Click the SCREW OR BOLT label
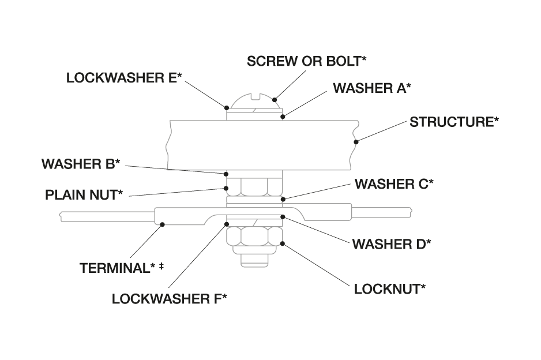click(x=307, y=61)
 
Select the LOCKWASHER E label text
click(x=124, y=78)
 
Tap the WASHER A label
click(x=372, y=88)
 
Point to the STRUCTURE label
click(x=454, y=122)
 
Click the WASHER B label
click(x=81, y=164)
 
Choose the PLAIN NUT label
click(x=84, y=194)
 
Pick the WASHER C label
click(x=394, y=184)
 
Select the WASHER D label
click(x=392, y=244)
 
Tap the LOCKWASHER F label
click(x=170, y=299)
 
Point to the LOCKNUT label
click(x=390, y=288)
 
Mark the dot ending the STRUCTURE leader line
click(x=356, y=141)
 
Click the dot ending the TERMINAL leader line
click(x=163, y=224)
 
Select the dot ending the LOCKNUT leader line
click(x=283, y=243)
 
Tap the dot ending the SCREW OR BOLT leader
click(x=276, y=99)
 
